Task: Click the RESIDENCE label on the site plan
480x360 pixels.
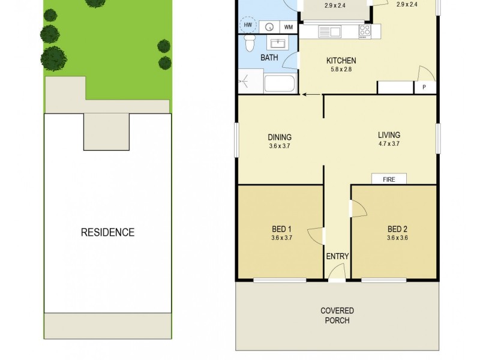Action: (107, 232)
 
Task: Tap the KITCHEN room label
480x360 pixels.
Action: (341, 61)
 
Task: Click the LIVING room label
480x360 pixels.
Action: (389, 135)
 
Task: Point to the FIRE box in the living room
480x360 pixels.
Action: (389, 179)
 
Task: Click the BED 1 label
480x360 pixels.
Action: (281, 229)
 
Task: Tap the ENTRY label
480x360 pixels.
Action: (337, 256)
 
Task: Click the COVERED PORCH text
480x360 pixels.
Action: (337, 316)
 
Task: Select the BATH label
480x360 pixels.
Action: (269, 58)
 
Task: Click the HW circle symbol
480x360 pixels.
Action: (247, 26)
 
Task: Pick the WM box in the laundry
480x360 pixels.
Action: (289, 27)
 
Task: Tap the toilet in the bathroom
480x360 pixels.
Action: (249, 43)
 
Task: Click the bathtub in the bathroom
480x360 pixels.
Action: (280, 83)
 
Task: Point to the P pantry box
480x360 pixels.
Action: (424, 88)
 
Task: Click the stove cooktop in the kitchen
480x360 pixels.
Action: (365, 31)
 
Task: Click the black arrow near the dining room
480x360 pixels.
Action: (310, 94)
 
